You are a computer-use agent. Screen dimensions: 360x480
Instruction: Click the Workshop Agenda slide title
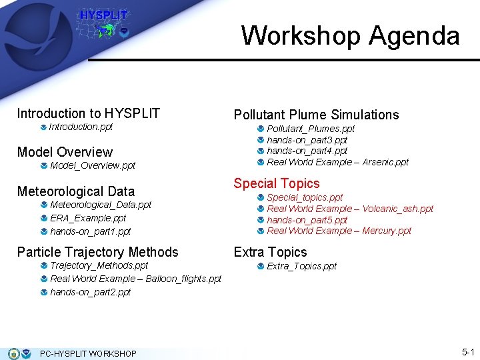pos(350,35)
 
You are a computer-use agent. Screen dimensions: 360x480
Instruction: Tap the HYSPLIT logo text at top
pos(103,15)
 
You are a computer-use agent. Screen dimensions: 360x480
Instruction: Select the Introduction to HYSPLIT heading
pos(88,113)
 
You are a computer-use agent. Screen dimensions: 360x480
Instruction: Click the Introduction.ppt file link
pos(81,127)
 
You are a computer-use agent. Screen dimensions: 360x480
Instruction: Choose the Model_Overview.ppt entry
pos(93,165)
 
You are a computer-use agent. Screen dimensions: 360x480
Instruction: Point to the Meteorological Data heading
pos(75,191)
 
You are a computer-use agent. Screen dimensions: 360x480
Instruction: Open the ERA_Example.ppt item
pos(88,218)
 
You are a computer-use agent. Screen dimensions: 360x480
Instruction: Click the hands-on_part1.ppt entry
pos(90,231)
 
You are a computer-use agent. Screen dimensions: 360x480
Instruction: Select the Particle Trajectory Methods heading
pos(97,252)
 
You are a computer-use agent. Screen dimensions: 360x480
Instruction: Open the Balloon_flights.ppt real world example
pos(135,279)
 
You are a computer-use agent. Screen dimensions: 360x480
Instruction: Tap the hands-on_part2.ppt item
pos(90,292)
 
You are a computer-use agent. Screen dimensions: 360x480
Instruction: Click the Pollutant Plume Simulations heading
pos(316,115)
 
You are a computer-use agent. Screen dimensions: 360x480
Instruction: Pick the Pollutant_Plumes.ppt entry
pos(311,129)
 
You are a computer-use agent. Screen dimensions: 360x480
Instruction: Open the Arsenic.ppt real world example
pos(337,162)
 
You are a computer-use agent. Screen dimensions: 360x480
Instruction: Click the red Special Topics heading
pos(276,183)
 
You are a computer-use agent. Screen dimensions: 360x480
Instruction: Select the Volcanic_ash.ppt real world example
pos(350,209)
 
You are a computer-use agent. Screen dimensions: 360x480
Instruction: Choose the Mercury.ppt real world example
pos(339,231)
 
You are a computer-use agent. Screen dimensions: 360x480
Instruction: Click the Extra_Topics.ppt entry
pos(301,266)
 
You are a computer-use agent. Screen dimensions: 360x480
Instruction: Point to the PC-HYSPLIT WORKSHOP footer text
pos(88,353)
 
